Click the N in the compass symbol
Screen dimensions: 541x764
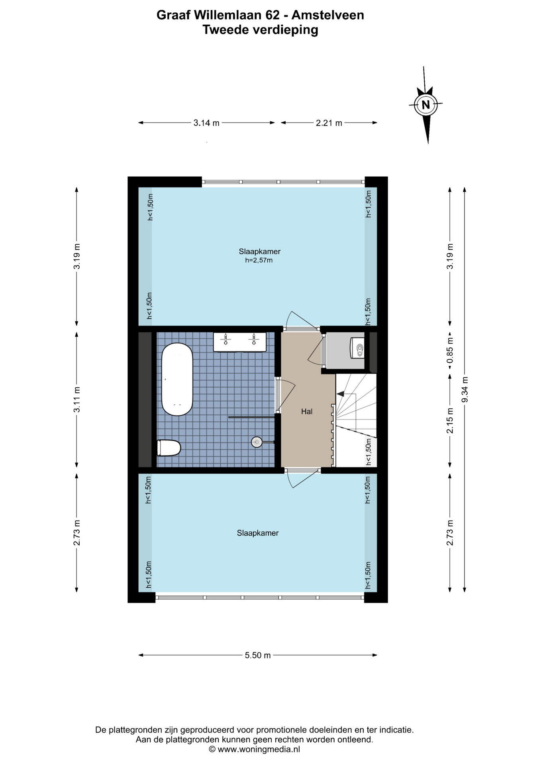click(425, 105)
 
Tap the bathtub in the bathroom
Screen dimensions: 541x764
click(177, 379)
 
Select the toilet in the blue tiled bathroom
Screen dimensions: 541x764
click(169, 448)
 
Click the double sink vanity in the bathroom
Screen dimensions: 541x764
click(240, 342)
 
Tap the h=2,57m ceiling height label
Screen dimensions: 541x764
click(259, 261)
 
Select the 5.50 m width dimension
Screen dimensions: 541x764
click(258, 655)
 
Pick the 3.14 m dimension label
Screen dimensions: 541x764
click(206, 123)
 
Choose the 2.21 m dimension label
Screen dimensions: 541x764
click(329, 123)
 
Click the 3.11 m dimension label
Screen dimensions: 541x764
click(77, 399)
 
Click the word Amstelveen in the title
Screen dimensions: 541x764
click(328, 15)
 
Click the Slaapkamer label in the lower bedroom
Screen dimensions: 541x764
click(258, 533)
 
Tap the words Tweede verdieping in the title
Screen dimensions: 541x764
click(261, 30)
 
